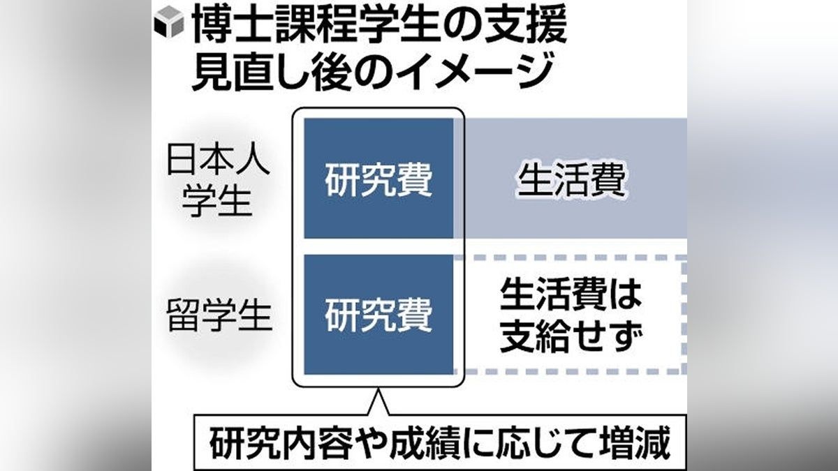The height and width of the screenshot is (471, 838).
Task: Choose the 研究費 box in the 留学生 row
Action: click(378, 315)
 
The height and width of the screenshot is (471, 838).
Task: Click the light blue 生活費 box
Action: click(571, 181)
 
